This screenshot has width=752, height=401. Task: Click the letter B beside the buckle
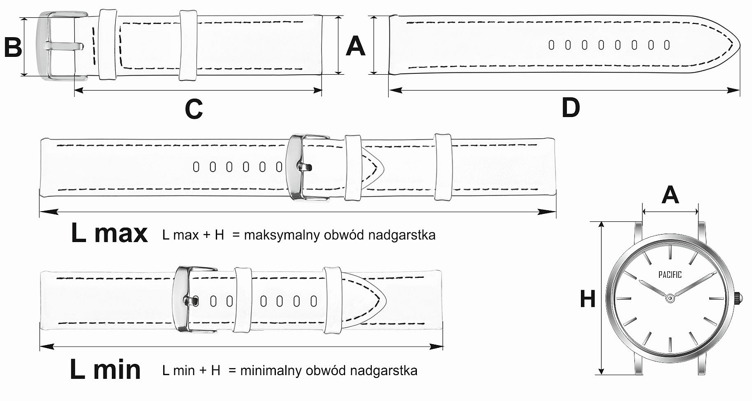tap(13, 47)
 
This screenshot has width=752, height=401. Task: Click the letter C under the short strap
tap(194, 110)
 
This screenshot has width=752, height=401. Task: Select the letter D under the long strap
tap(571, 108)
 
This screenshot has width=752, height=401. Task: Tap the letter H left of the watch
tap(587, 299)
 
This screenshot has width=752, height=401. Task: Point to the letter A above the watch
tap(670, 195)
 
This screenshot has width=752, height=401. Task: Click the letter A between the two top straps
tap(355, 46)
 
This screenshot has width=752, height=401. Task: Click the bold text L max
tap(109, 233)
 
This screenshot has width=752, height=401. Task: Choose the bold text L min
tap(105, 370)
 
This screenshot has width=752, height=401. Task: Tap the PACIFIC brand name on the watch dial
tap(670, 275)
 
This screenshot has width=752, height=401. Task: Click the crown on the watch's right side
tap(738, 298)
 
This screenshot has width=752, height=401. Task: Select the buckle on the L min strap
tap(188, 300)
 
